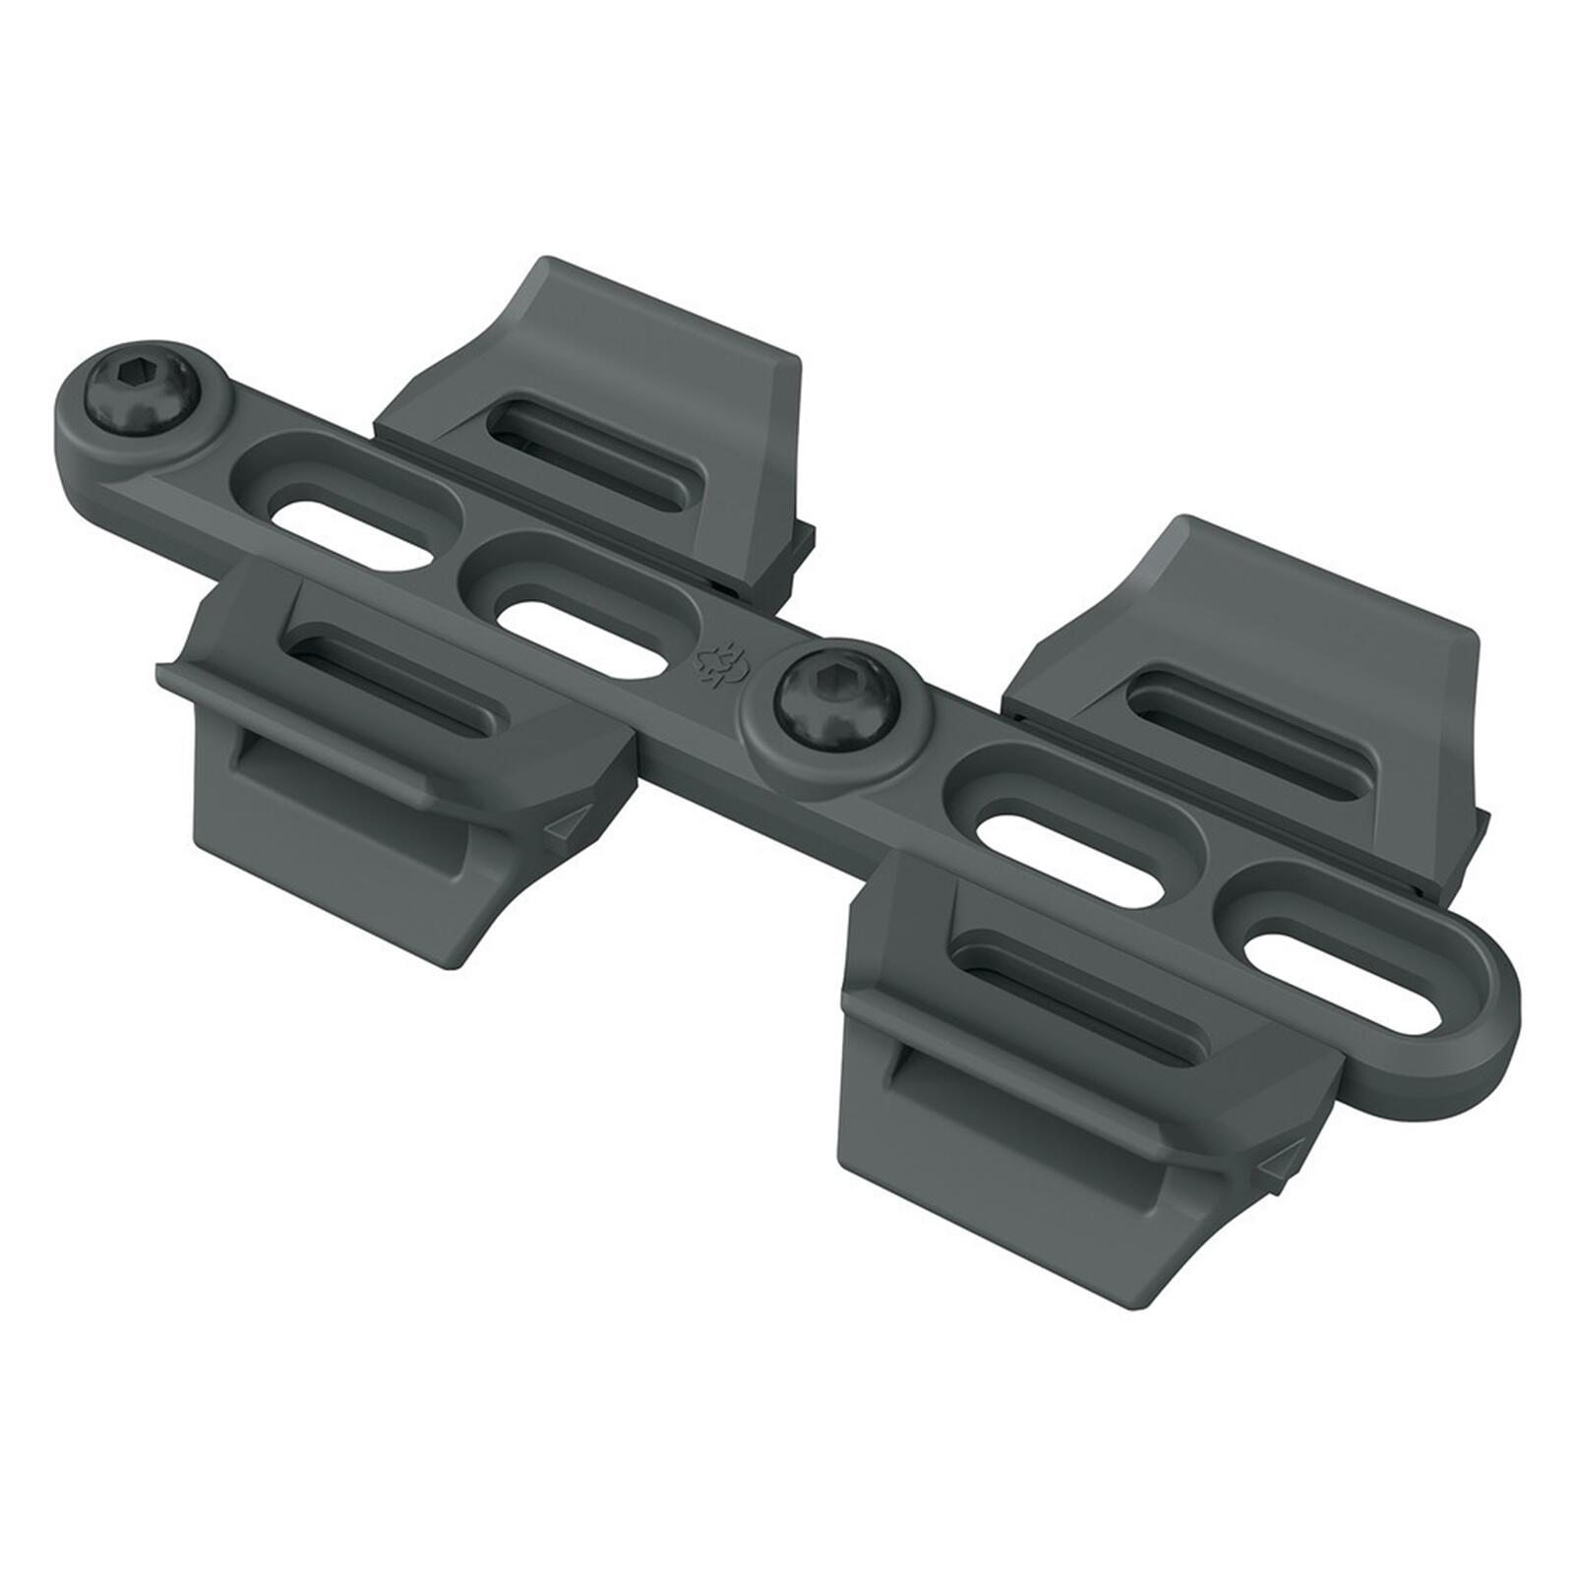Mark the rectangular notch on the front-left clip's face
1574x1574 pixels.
[334, 777]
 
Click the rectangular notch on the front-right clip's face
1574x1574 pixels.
[1023, 1102]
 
